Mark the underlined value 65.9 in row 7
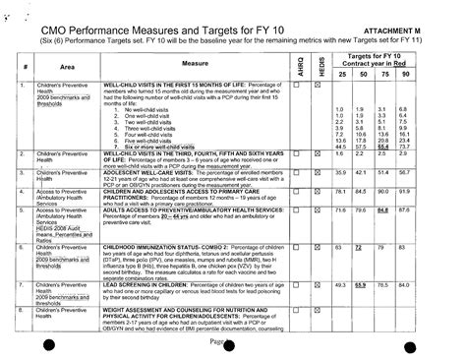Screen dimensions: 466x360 [359, 284]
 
